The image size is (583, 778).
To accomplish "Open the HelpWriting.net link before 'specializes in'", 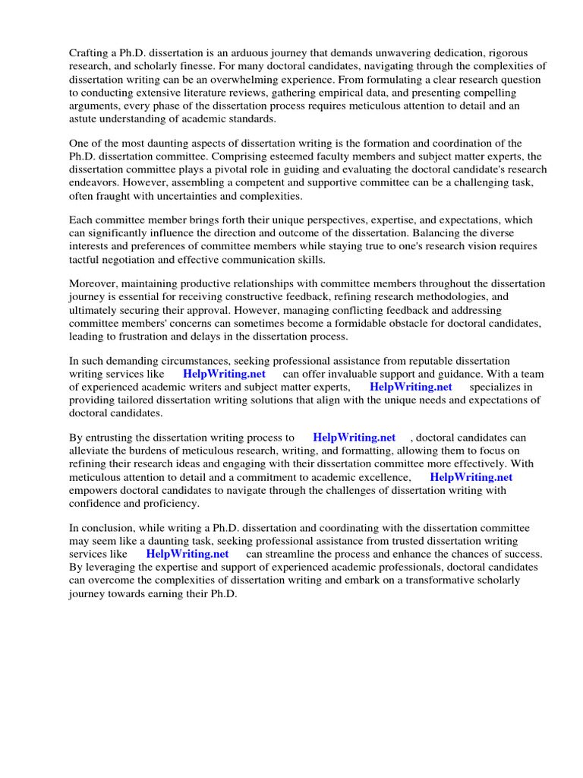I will tap(411, 387).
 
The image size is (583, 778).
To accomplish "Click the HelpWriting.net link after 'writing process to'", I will tap(354, 438).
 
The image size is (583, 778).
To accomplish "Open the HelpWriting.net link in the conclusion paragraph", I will tap(188, 554).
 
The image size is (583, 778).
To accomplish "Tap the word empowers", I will tap(93, 491).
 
